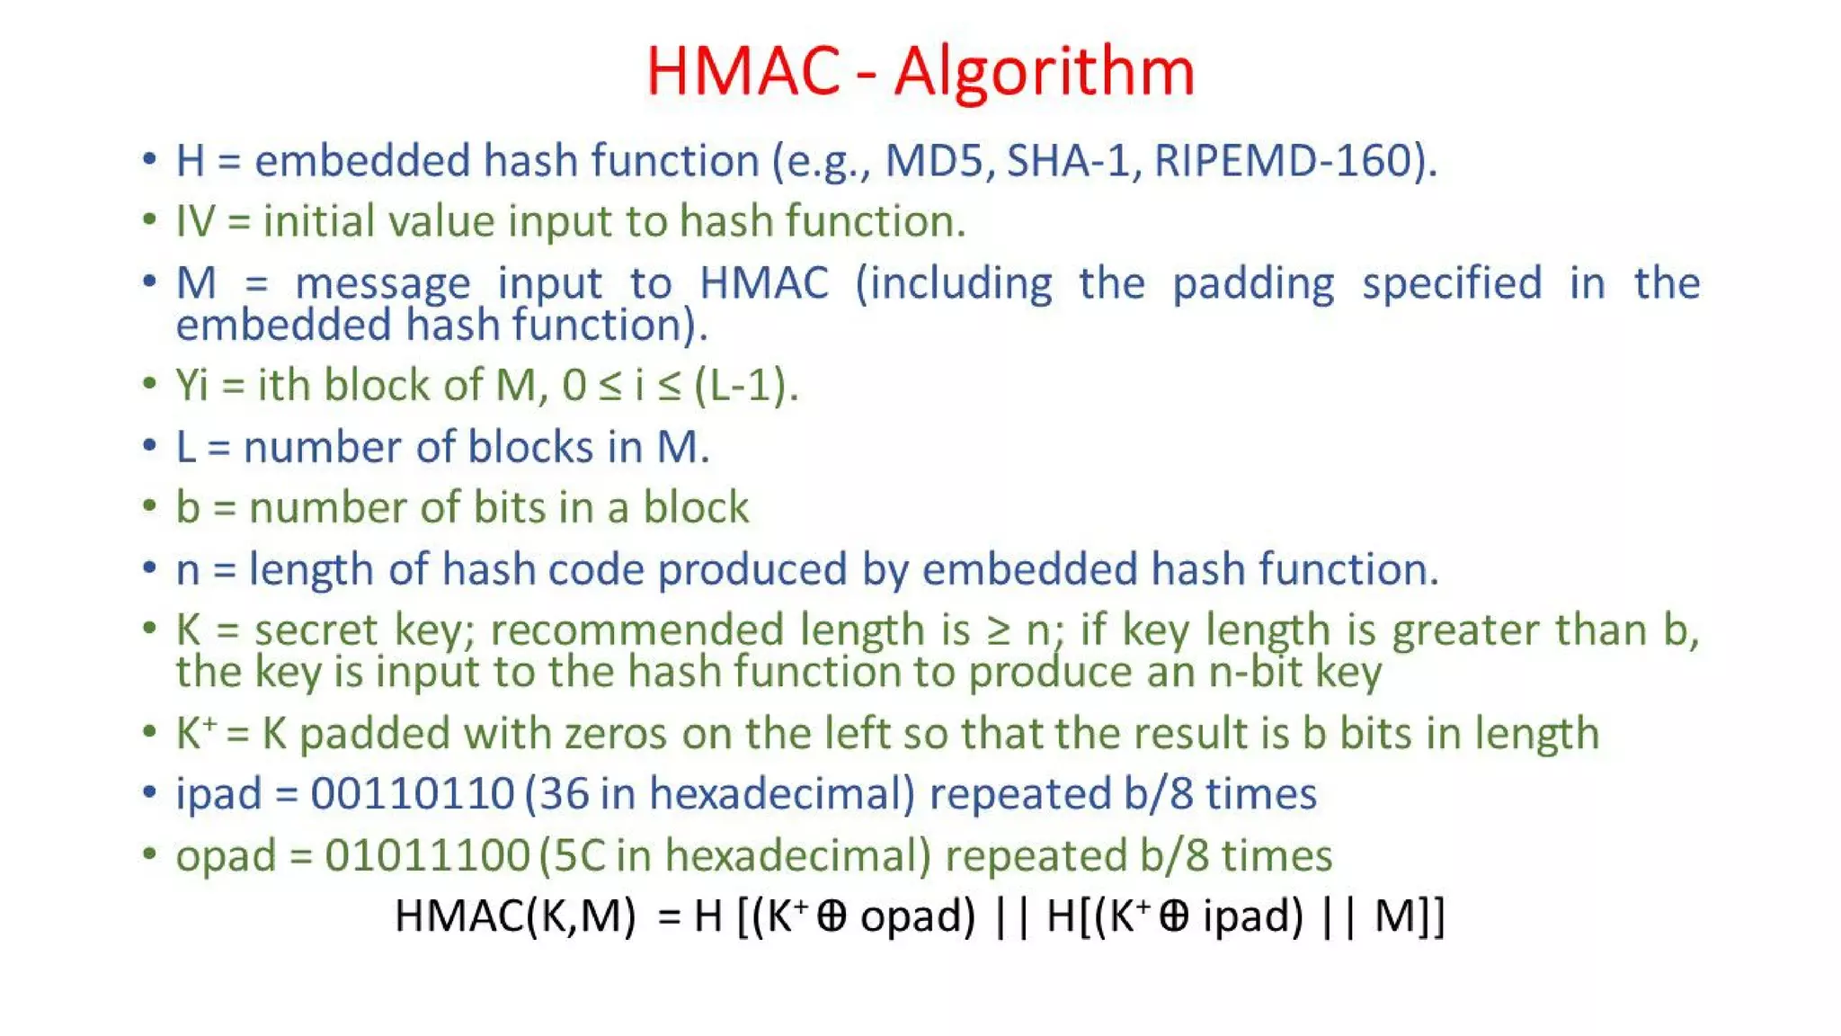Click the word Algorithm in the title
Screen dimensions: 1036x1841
[1044, 71]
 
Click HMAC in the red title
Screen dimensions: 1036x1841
[743, 71]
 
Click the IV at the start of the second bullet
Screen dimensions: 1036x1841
[196, 221]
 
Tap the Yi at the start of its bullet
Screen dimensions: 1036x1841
[191, 386]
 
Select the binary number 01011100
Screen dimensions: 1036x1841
[427, 855]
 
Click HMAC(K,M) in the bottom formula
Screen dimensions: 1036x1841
[515, 916]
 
